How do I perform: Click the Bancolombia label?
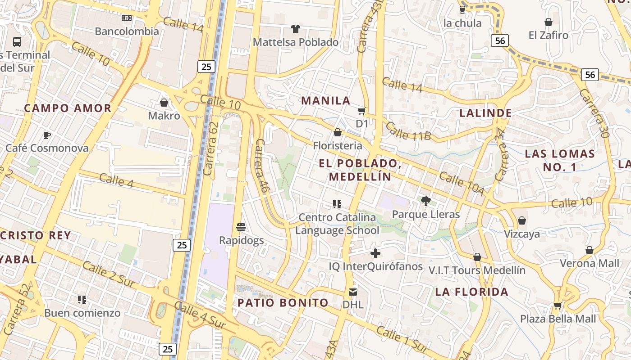127,31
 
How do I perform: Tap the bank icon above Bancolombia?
127,18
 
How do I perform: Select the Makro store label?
164,116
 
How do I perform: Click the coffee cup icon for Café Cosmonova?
46,135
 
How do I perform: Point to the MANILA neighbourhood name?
326,100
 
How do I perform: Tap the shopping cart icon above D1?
361,111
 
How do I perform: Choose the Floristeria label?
338,146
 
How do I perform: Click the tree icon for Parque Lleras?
425,201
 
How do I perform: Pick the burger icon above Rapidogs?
241,227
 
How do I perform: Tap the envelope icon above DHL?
352,292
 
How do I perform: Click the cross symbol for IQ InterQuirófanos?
375,253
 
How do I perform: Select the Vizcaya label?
522,234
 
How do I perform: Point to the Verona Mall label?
590,263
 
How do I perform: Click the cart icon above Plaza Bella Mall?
558,306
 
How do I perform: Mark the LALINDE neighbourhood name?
485,113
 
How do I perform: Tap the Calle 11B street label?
408,131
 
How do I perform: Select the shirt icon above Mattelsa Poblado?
295,29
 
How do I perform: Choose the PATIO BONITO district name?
283,303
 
